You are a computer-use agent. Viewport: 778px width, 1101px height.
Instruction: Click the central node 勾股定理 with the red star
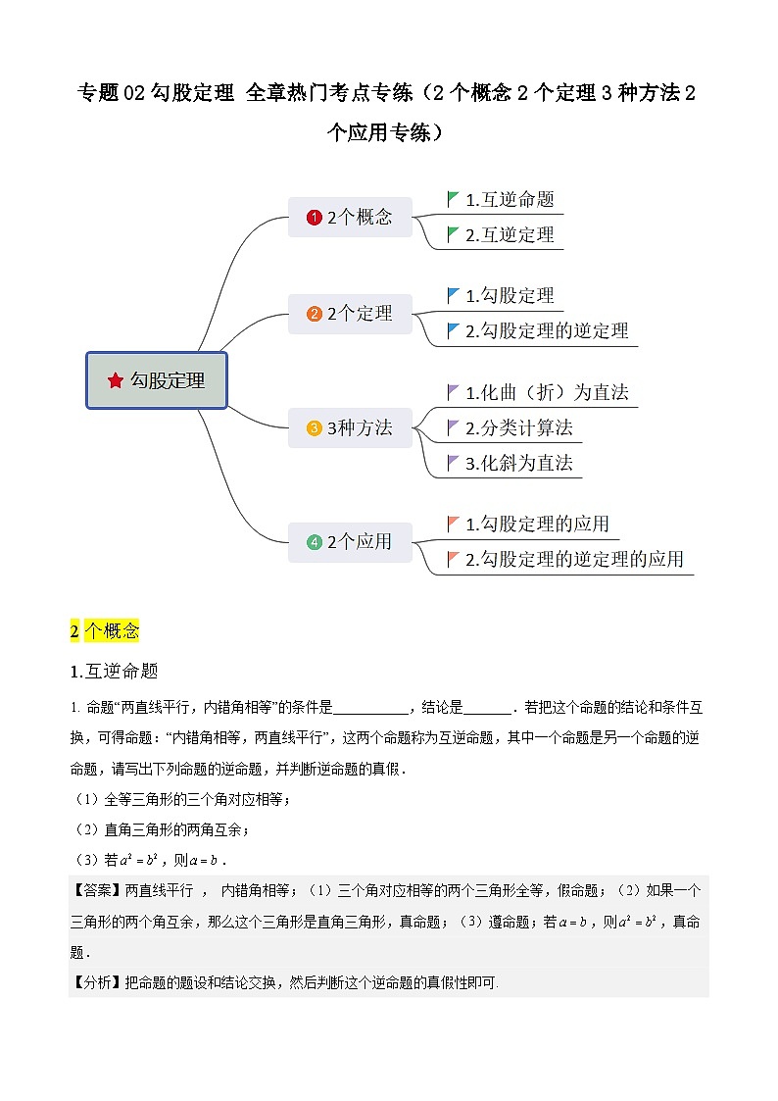pos(157,380)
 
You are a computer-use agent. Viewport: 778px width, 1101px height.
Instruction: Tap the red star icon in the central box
pos(116,380)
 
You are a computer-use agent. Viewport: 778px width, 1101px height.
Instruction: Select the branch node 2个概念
pos(350,218)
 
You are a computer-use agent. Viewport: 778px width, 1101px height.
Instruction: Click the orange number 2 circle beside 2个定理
pos(314,314)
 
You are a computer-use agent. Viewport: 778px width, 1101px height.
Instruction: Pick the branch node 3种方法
pos(350,428)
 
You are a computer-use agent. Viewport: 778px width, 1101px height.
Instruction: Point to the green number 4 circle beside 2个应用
pos(314,541)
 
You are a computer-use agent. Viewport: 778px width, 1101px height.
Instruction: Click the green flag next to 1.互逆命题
pos(453,199)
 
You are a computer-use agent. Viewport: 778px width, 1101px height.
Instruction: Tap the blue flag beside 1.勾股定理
pos(453,295)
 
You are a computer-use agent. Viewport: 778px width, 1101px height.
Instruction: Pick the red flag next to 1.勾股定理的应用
pos(453,524)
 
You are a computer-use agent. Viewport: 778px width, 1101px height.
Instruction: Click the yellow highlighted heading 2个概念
pos(105,630)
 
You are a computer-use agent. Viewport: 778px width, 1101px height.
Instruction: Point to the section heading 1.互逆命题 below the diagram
pos(115,672)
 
